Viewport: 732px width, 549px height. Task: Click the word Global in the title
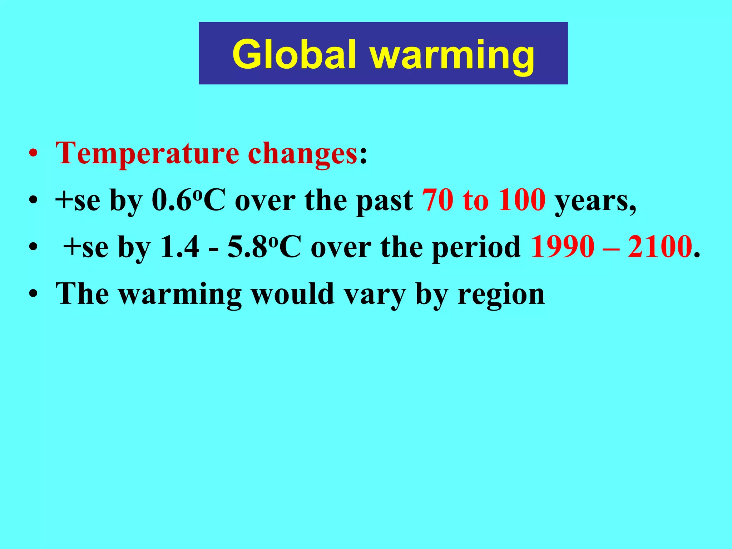[294, 54]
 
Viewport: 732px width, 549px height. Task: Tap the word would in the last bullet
[293, 294]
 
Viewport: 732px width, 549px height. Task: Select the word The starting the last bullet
[82, 294]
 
